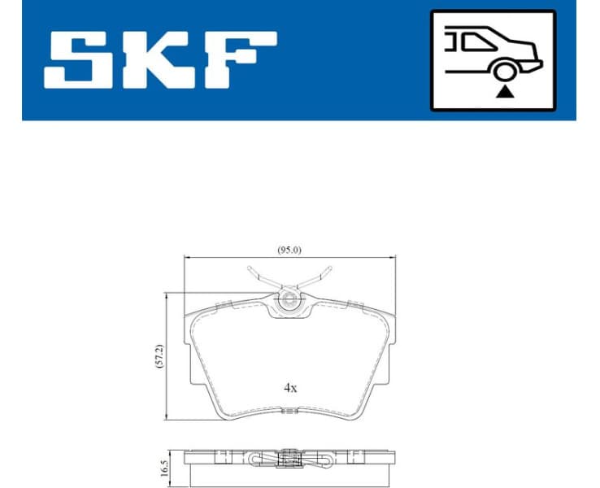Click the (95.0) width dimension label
click(289, 250)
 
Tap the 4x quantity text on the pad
click(290, 388)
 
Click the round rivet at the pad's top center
click(289, 303)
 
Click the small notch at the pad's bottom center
click(289, 412)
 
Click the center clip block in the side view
click(289, 460)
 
